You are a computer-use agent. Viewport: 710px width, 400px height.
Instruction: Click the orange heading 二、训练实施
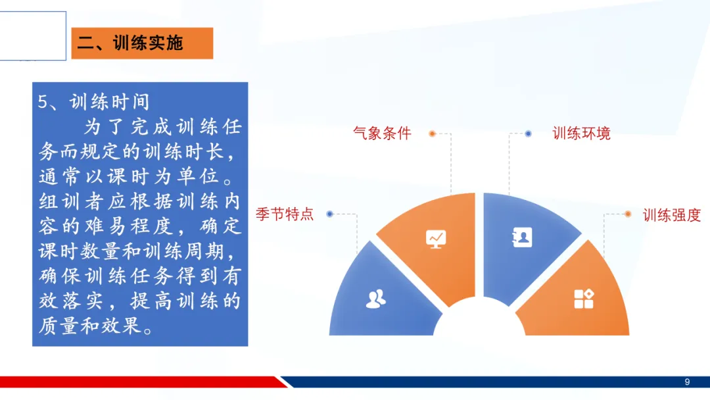click(142, 43)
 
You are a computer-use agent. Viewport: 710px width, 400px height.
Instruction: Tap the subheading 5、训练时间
click(94, 102)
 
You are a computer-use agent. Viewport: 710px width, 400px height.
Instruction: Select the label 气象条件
click(382, 133)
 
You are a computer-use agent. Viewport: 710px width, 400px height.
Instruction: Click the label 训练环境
click(581, 133)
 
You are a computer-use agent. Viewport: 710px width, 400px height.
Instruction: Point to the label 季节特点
click(285, 214)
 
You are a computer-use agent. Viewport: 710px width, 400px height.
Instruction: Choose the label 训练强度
click(671, 214)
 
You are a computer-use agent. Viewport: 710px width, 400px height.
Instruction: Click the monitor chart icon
click(436, 239)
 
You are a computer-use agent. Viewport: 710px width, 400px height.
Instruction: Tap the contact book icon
click(522, 238)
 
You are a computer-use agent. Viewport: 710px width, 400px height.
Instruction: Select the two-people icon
click(376, 299)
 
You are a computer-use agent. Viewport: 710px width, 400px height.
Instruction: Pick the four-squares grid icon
click(584, 299)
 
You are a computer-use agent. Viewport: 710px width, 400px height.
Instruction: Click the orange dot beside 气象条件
click(433, 134)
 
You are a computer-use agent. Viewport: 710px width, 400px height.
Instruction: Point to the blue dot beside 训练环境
click(528, 134)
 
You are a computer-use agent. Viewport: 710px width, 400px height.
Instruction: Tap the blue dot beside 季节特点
click(329, 214)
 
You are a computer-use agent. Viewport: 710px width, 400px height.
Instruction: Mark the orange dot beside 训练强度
click(628, 214)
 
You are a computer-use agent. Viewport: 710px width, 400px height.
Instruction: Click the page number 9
click(687, 382)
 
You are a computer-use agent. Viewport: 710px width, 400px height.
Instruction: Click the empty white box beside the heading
click(33, 36)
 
